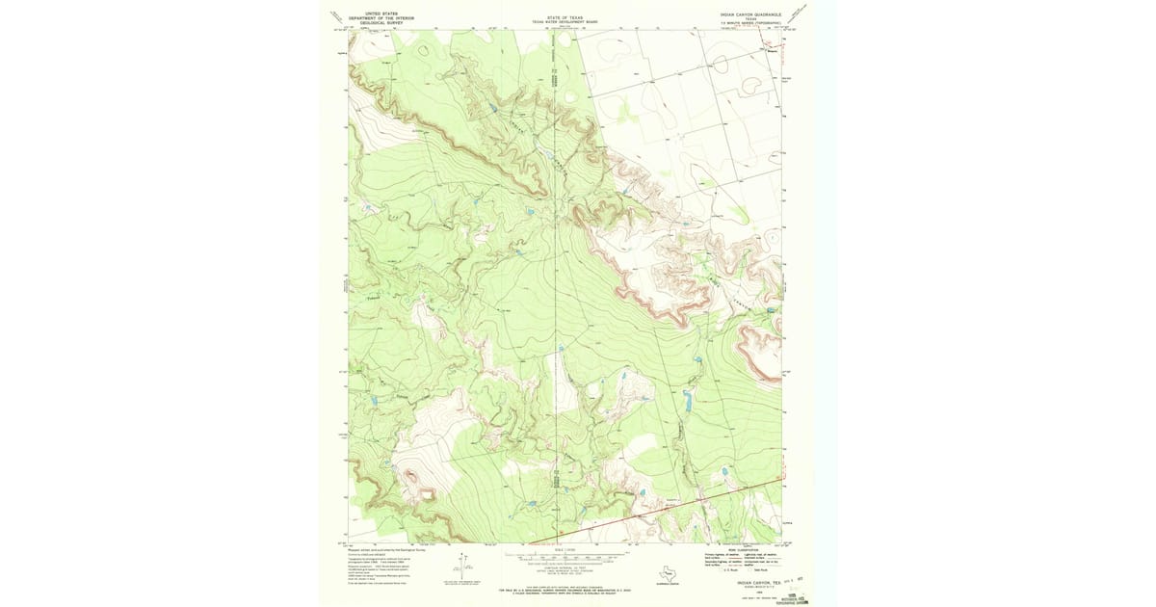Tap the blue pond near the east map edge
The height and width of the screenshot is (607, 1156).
click(771, 311)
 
